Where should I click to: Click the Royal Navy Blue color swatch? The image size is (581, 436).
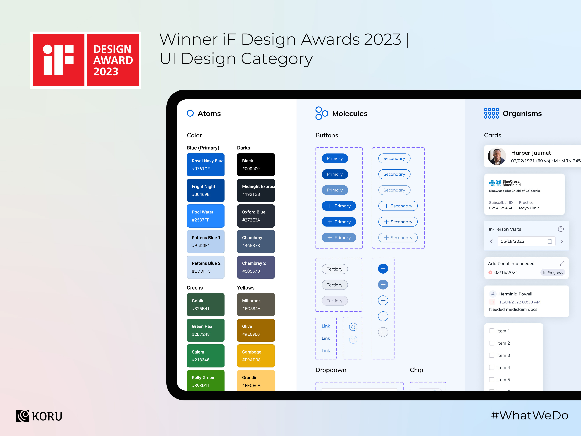coord(205,164)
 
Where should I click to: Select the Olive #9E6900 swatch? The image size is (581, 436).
coord(256,330)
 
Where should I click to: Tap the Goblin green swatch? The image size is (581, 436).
coord(205,304)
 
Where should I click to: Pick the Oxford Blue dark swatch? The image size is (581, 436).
coord(256,216)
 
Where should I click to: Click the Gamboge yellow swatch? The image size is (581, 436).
coord(256,356)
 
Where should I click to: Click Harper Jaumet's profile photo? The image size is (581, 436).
coord(496,157)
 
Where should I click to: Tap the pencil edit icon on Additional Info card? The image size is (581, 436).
coord(562,263)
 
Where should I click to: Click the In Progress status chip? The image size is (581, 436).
coord(553,273)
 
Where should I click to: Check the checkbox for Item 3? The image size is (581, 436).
coord(491,355)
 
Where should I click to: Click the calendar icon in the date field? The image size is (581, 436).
coord(549,241)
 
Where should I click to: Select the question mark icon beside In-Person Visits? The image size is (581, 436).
coord(560,229)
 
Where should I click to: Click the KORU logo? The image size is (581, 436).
coord(39,416)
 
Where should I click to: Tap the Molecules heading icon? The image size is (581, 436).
coord(321,113)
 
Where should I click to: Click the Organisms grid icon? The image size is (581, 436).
coord(491,113)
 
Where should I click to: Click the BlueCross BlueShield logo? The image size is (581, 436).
coord(504,183)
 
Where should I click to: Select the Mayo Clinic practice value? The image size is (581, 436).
coord(529,208)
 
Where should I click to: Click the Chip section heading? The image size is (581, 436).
coord(416,370)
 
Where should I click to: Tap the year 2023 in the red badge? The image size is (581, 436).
coord(106,72)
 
